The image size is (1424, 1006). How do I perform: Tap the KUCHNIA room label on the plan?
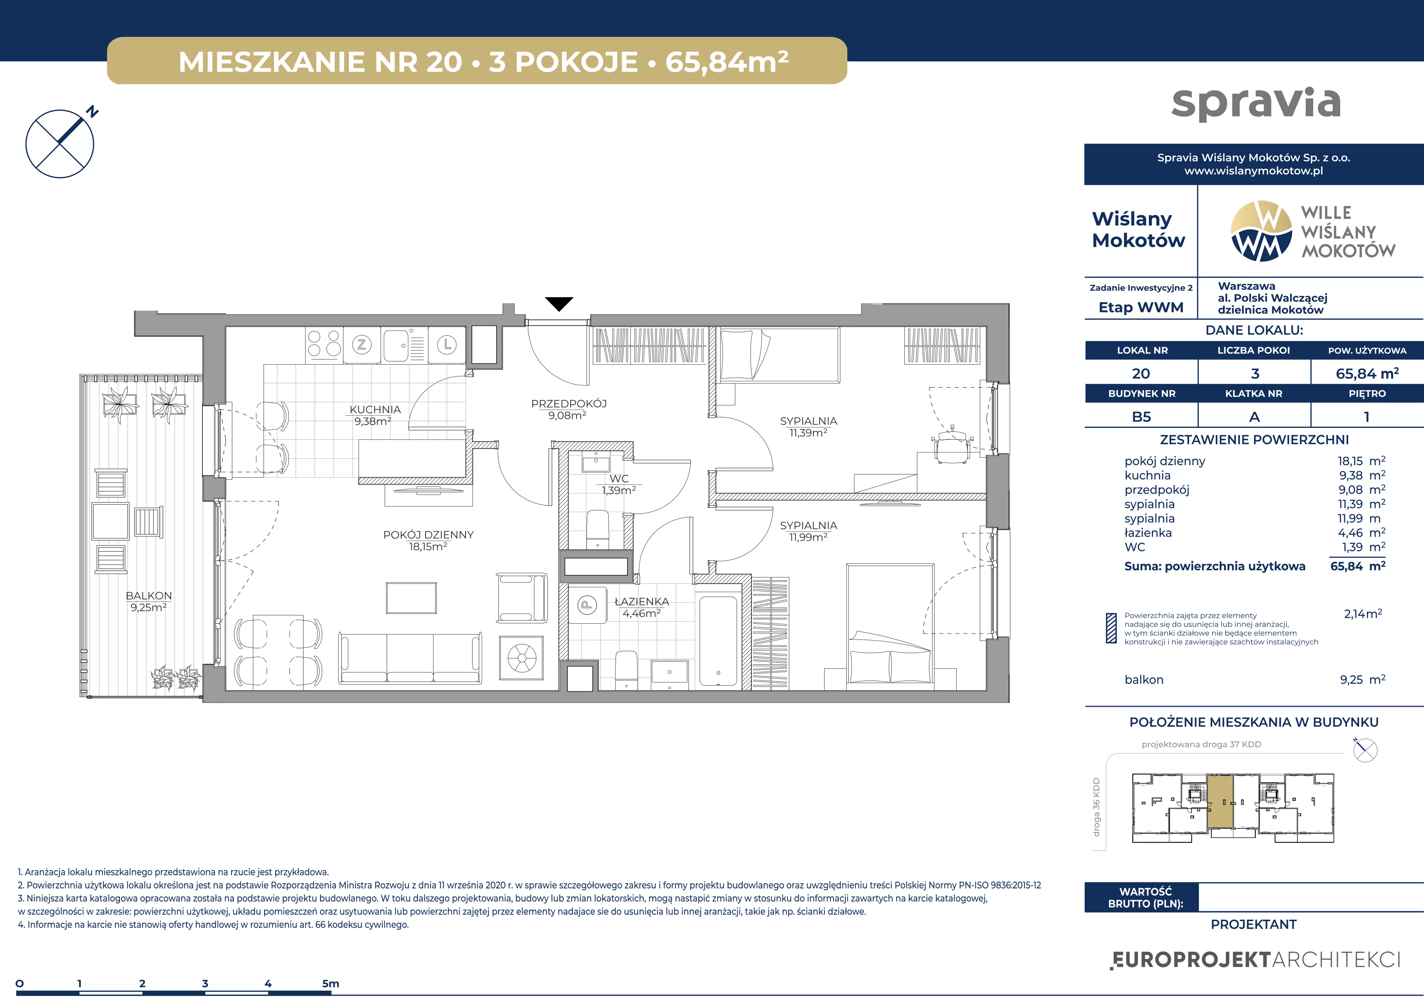375,410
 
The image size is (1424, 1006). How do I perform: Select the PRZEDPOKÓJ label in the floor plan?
569,404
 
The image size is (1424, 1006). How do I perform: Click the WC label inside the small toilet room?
619,478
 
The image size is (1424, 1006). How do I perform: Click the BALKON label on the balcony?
149,596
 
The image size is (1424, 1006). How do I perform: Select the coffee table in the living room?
411,598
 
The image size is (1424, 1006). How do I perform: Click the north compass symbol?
60,143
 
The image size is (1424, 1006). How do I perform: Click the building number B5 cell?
1141,416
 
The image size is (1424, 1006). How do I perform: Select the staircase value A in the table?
1254,416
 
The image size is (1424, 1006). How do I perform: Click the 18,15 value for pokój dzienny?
1350,461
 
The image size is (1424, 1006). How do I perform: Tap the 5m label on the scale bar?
330,983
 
